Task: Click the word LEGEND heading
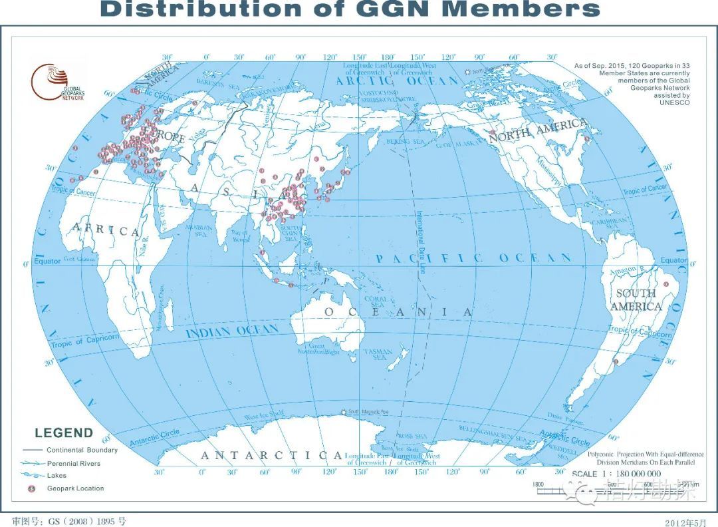[64, 433]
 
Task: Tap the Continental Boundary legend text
[82, 450]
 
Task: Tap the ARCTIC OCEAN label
[397, 81]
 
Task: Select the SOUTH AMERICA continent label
[636, 300]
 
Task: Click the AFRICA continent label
[106, 230]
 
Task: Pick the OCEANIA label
[399, 312]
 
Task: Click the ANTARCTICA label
[273, 455]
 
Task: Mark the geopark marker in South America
[617, 361]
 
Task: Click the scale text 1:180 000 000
[616, 474]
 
